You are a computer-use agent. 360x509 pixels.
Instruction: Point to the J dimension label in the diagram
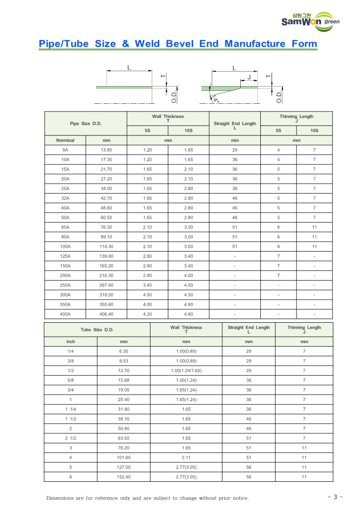tap(249, 78)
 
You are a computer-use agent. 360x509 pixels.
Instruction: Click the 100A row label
tap(65, 247)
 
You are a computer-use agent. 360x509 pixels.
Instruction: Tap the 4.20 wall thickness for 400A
tap(147, 314)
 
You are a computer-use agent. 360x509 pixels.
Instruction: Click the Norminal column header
tap(65, 141)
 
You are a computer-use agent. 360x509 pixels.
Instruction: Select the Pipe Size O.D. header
tap(86, 123)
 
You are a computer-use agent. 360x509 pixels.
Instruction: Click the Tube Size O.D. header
tap(97, 330)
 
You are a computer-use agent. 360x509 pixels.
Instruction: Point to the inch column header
tap(71, 342)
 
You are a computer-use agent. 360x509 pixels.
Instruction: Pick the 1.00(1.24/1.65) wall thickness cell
tap(186, 371)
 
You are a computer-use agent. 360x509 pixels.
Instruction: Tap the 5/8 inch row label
tap(71, 380)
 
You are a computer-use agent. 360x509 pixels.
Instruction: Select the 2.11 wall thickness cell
tap(186, 458)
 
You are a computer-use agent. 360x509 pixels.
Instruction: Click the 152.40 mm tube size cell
tap(124, 477)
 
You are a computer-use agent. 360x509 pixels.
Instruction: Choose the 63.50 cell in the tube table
tap(124, 438)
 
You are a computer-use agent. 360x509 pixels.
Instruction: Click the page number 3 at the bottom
tap(335, 497)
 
